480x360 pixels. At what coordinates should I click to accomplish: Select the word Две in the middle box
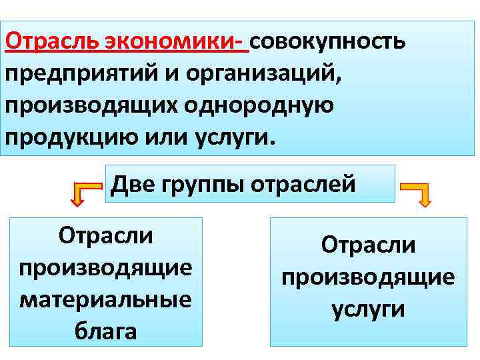click(x=133, y=183)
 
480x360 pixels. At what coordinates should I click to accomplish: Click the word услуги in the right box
click(x=368, y=309)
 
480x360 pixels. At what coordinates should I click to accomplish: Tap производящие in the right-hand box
click(x=368, y=277)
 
